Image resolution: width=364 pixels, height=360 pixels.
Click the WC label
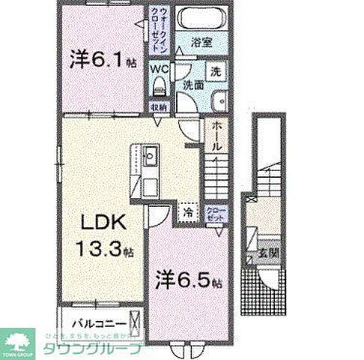159,68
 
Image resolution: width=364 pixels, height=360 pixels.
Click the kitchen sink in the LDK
148,158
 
